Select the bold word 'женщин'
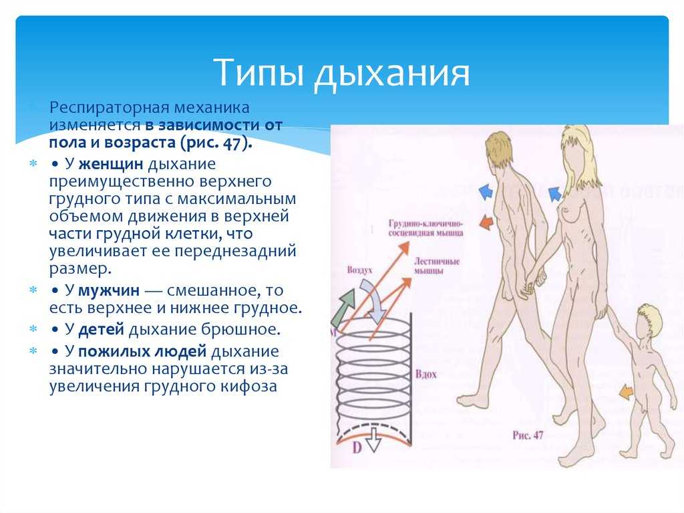coord(111,164)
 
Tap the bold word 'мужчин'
coord(109,290)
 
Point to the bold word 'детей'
coord(102,329)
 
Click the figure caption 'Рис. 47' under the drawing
coord(528,435)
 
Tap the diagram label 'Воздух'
coord(360,270)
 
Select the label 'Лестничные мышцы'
coord(437,266)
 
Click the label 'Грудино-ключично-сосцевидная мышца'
coord(425,228)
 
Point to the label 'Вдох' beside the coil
coord(425,374)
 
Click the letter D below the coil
coord(357,448)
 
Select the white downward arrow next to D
coord(373,439)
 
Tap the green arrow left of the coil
coord(343,307)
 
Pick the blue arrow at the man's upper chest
coord(486,192)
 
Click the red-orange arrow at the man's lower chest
coord(486,222)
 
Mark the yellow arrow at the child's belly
coord(627,392)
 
